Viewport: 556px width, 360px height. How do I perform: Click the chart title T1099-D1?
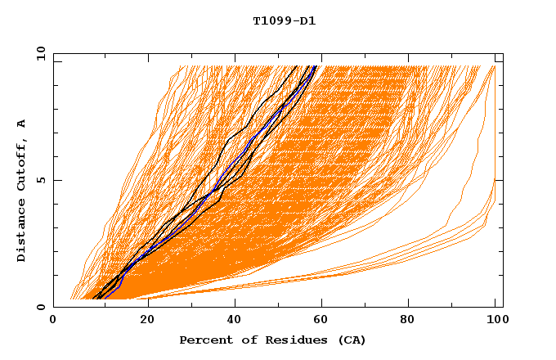(x=285, y=20)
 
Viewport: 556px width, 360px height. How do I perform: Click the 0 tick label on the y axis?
(x=40, y=307)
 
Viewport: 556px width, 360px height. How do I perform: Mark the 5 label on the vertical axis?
(x=40, y=180)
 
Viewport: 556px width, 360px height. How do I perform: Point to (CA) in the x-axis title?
(x=352, y=340)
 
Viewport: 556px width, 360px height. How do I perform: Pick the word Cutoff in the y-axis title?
(x=22, y=166)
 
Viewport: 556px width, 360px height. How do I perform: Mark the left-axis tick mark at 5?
(x=56, y=180)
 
